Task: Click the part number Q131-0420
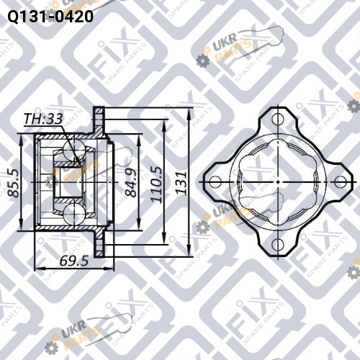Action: tap(50, 17)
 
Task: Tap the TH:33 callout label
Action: tap(43, 119)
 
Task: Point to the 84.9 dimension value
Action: tap(131, 182)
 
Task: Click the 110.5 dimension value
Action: tap(156, 184)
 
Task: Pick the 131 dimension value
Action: tap(181, 182)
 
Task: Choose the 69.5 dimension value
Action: tap(74, 261)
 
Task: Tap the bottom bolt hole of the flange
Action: tap(278, 245)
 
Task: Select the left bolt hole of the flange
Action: tap(215, 182)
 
